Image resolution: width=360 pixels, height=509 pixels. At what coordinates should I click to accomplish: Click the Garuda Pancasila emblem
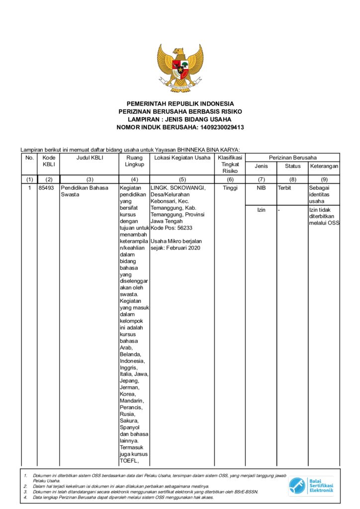point(180,68)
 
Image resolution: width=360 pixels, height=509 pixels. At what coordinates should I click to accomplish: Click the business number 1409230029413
point(222,127)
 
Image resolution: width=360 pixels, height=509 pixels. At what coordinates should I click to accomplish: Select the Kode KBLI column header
point(49,161)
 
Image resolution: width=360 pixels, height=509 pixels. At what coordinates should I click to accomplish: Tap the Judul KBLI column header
point(89,158)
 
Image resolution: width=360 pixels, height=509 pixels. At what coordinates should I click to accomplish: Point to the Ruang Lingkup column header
point(134,161)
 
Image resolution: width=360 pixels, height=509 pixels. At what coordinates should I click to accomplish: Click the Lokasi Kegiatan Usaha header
point(182,158)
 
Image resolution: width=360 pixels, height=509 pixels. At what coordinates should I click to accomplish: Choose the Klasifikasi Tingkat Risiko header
point(230,164)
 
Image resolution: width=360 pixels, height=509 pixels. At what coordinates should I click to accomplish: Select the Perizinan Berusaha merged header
point(292,157)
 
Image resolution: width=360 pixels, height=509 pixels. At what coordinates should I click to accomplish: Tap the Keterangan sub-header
point(324,166)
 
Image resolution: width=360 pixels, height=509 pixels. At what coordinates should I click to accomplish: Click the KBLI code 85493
point(49,188)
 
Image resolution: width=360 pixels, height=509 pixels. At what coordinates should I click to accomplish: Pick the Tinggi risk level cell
point(230,188)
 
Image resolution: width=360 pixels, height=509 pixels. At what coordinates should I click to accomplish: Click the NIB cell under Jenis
point(261,188)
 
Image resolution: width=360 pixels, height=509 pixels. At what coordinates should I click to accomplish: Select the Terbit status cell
point(284,188)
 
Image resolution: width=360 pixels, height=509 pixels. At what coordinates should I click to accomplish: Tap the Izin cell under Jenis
point(261,210)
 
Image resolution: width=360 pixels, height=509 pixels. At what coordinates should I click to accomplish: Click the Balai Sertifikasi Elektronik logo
point(312,485)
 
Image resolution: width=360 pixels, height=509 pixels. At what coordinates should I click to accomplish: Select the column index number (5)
point(182,179)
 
